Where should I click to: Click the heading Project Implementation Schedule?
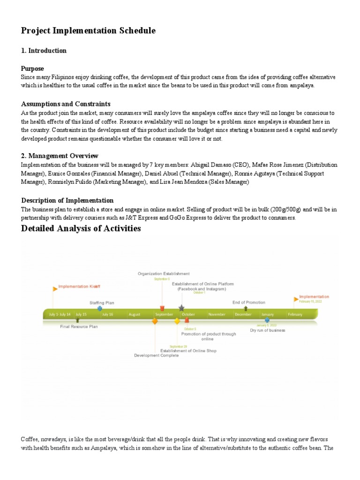click(x=88, y=31)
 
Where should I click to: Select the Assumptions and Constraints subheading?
click(x=66, y=104)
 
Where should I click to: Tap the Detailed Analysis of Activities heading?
click(x=81, y=229)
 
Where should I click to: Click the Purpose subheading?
click(x=32, y=68)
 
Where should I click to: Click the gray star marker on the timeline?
click(x=181, y=308)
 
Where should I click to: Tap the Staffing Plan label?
click(x=102, y=303)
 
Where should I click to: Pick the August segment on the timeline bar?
click(x=134, y=315)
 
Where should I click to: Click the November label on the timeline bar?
click(x=217, y=315)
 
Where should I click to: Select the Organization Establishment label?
click(x=164, y=273)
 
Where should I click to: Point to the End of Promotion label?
click(x=248, y=302)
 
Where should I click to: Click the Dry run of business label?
click(x=267, y=330)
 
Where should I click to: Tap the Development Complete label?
click(x=156, y=356)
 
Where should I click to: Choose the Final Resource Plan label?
click(x=79, y=326)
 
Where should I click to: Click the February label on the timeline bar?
click(x=295, y=315)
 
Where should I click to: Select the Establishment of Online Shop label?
click(x=188, y=351)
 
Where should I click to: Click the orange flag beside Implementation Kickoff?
click(x=55, y=288)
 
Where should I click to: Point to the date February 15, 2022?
click(x=310, y=301)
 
